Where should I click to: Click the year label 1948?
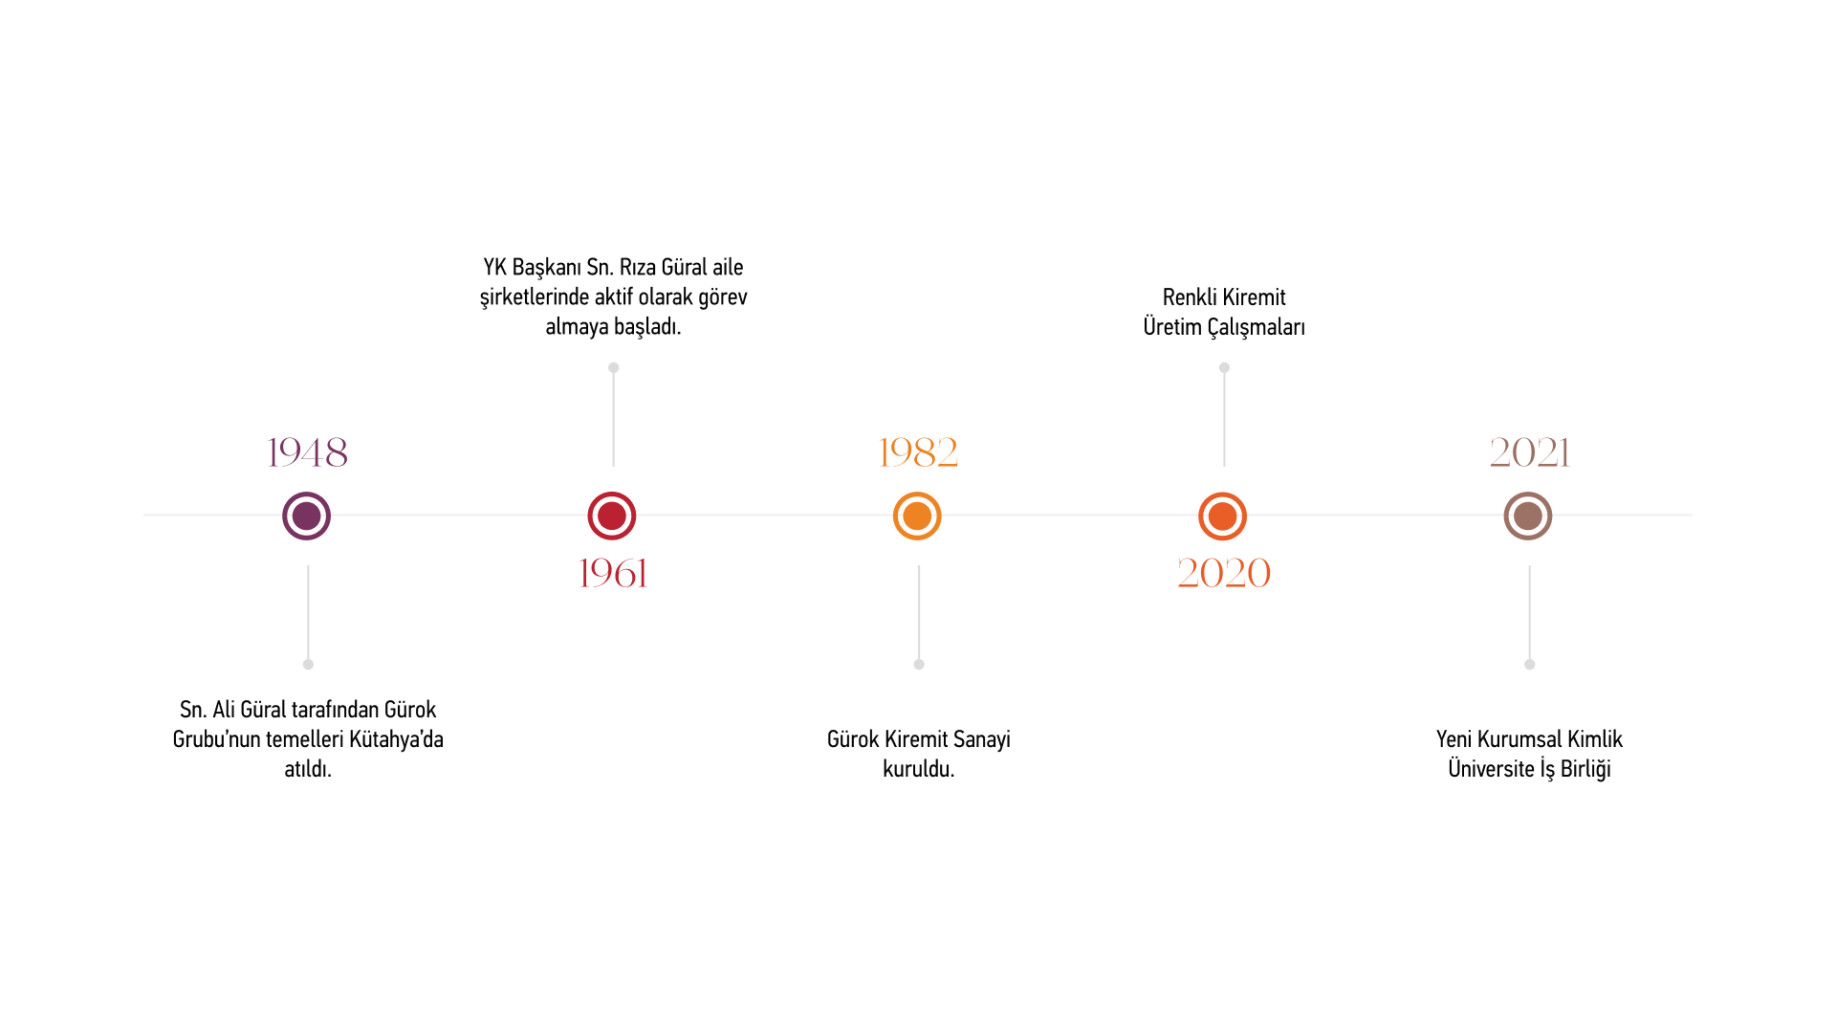click(x=307, y=452)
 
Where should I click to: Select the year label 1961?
click(x=613, y=573)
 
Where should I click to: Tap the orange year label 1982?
click(x=918, y=452)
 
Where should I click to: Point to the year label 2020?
click(x=1224, y=573)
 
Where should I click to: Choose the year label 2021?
click(x=1530, y=452)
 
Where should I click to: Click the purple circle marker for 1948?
click(x=306, y=516)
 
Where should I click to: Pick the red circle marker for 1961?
click(x=612, y=516)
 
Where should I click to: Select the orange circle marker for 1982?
click(x=917, y=516)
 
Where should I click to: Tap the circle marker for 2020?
click(x=1222, y=516)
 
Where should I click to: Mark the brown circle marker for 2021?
click(x=1528, y=516)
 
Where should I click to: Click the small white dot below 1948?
click(x=308, y=664)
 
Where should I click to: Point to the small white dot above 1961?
click(x=614, y=367)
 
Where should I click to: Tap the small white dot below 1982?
click(x=919, y=664)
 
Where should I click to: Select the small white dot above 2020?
click(x=1224, y=367)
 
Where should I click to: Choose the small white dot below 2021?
click(x=1530, y=664)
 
